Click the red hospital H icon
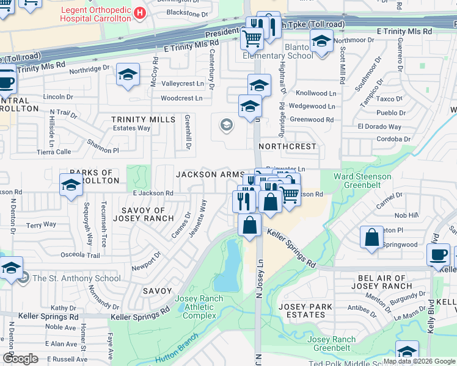[x=140, y=13]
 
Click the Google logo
[x=20, y=359]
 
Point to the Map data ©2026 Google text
[x=419, y=361]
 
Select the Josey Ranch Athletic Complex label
[x=199, y=307]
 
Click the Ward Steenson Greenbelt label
[x=362, y=181]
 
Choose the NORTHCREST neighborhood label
[x=287, y=147]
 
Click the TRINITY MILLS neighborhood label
[x=143, y=120]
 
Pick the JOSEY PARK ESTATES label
[x=305, y=310]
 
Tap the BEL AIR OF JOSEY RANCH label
[x=382, y=282]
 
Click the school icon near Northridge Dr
[x=127, y=76]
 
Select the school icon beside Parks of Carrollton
[x=71, y=183]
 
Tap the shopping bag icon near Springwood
[x=371, y=237]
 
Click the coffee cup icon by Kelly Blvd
[x=437, y=254]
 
